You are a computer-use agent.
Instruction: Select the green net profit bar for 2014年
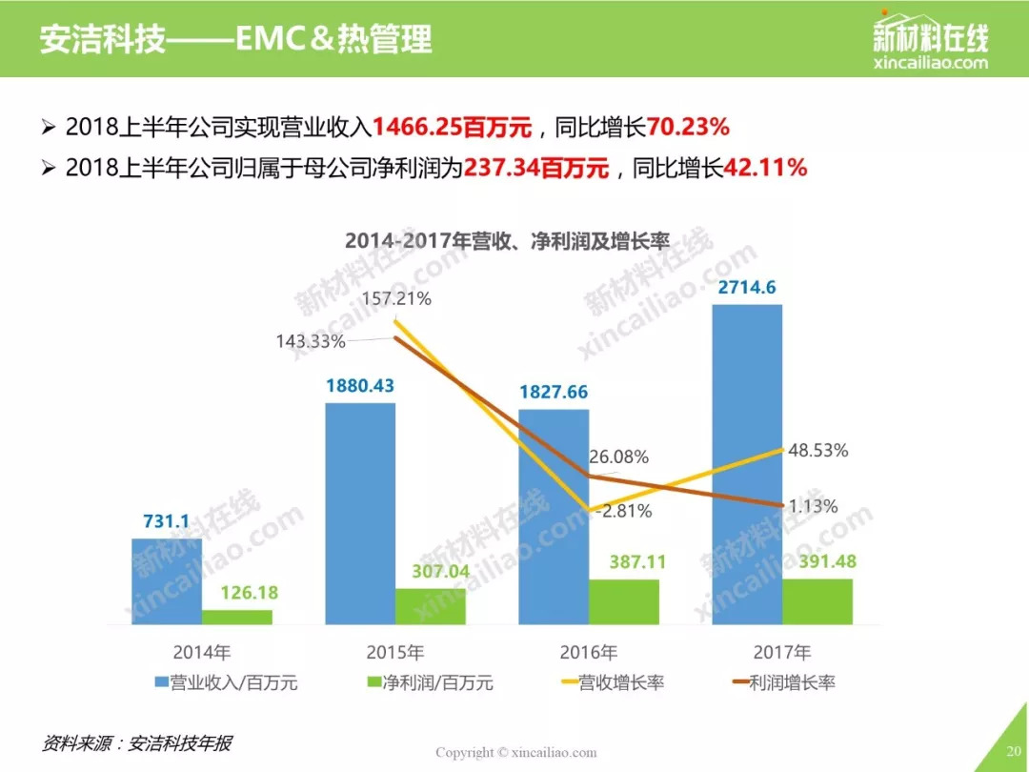point(236,617)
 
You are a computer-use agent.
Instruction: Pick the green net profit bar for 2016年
point(623,601)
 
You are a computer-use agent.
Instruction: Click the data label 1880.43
point(359,386)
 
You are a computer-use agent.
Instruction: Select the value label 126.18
point(236,594)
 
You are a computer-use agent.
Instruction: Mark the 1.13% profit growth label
point(813,506)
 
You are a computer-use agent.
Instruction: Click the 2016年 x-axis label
point(588,653)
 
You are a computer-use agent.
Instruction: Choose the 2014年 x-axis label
point(202,653)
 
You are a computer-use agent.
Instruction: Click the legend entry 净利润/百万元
point(430,682)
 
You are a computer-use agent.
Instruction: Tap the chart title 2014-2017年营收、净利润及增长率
point(507,241)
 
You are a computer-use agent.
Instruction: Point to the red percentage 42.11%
point(766,168)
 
